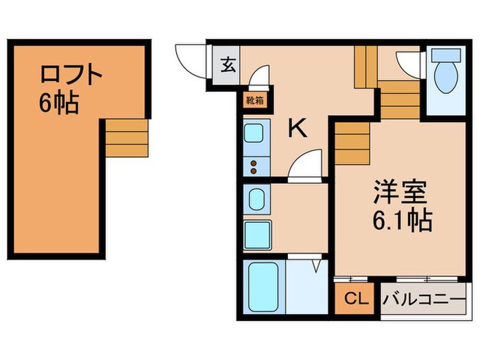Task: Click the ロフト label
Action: click(71, 73)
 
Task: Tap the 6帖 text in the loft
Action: click(59, 104)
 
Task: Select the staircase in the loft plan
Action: click(126, 137)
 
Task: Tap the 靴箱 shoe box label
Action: click(254, 100)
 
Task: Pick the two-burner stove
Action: click(255, 165)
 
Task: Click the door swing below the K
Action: click(304, 167)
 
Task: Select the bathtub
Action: click(261, 287)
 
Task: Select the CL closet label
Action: click(355, 298)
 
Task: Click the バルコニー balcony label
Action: click(423, 298)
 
